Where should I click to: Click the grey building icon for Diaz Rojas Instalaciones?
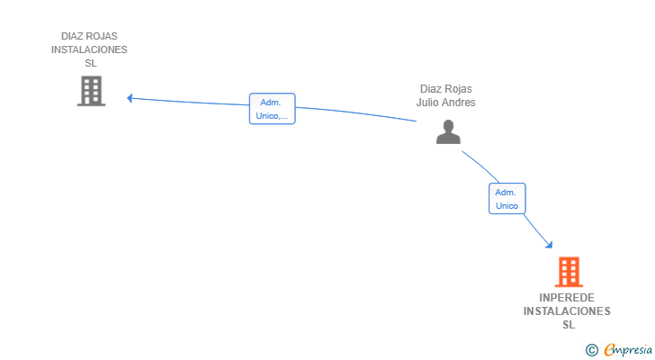[91, 91]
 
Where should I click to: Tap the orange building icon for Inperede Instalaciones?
[569, 272]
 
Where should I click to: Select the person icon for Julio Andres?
[448, 132]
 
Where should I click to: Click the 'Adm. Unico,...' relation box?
[273, 109]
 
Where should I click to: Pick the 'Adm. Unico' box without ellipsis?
[507, 198]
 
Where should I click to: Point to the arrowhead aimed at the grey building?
[130, 98]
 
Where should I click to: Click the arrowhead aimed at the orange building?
[550, 245]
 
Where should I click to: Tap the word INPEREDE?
[567, 298]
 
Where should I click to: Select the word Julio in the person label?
[426, 103]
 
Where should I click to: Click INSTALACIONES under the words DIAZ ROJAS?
[89, 49]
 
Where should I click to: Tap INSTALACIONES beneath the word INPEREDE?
[567, 311]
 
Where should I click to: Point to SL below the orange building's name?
[569, 325]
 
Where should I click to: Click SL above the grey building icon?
[91, 63]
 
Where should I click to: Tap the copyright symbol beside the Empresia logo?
[591, 350]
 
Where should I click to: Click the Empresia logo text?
[628, 349]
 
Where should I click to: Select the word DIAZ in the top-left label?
[71, 36]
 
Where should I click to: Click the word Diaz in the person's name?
[430, 89]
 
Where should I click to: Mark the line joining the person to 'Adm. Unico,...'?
[356, 112]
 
